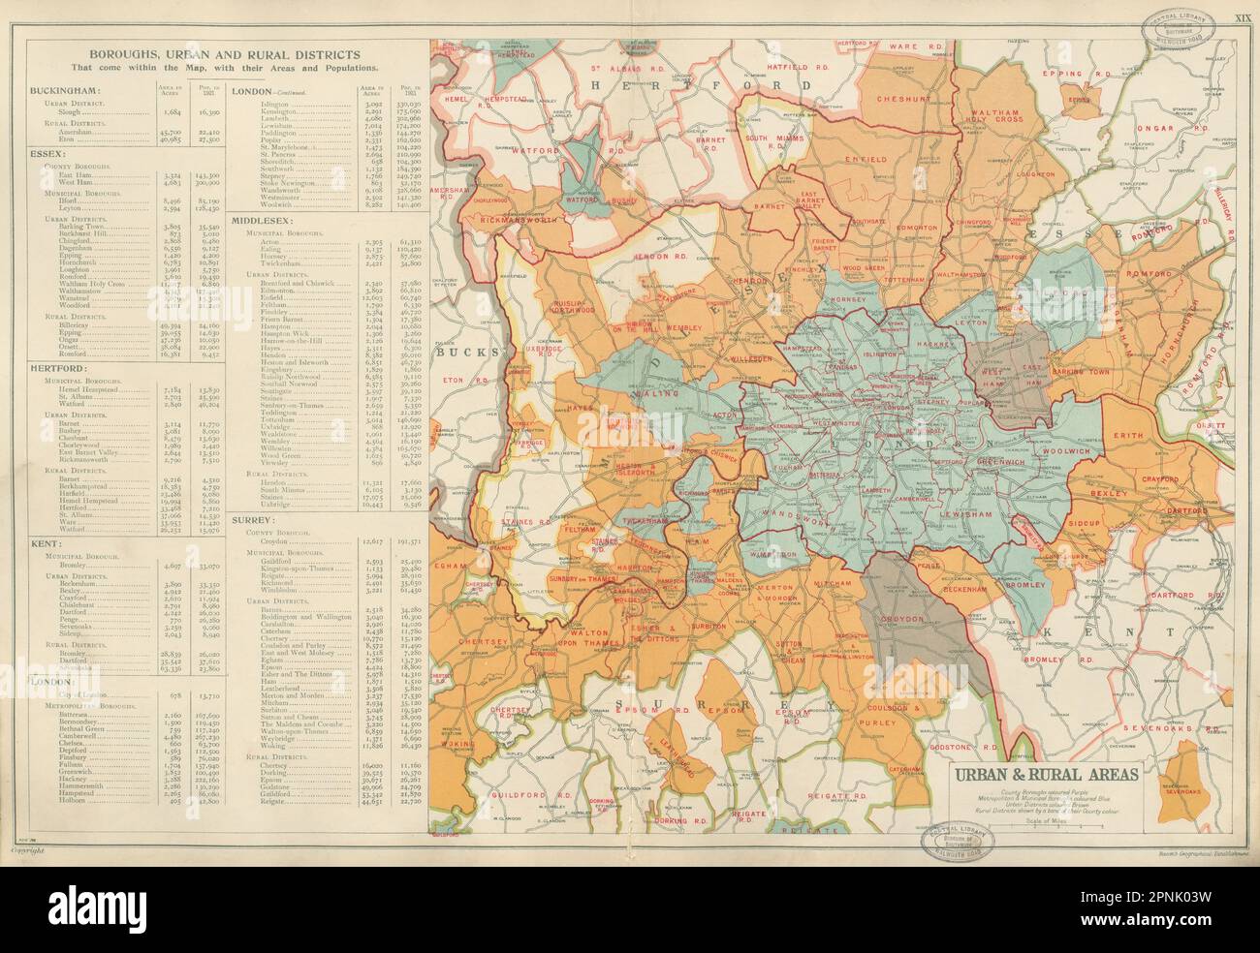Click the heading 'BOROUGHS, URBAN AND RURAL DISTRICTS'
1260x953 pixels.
pos(223,55)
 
